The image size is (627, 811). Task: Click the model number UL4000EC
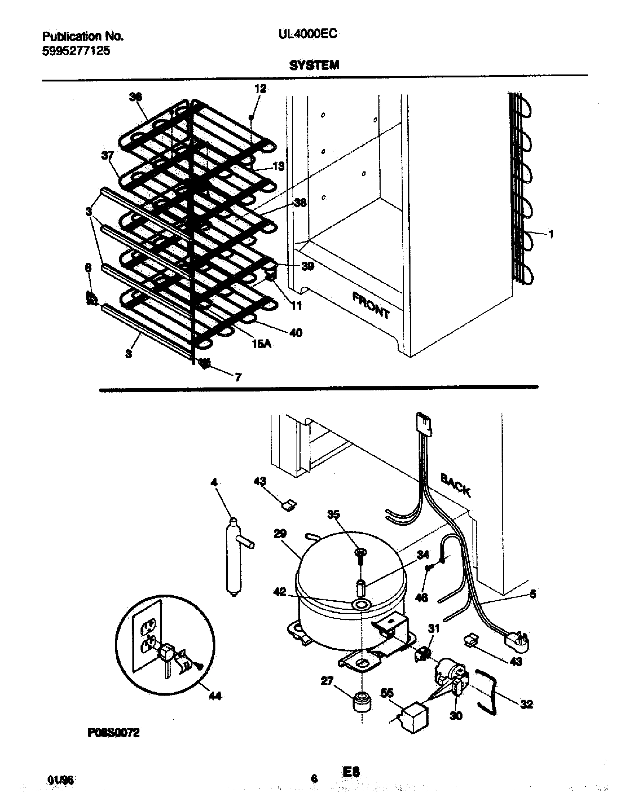click(308, 34)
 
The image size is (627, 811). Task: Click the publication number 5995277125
click(76, 51)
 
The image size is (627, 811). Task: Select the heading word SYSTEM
click(314, 66)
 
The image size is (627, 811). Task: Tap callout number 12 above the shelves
click(260, 88)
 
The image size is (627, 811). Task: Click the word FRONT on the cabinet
click(371, 306)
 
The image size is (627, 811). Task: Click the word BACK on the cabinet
click(455, 485)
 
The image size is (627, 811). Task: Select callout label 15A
click(261, 344)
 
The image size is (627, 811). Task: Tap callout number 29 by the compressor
click(280, 534)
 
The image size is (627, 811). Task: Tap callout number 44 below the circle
click(215, 695)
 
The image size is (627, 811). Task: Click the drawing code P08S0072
click(113, 732)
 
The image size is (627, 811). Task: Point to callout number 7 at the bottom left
click(238, 377)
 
